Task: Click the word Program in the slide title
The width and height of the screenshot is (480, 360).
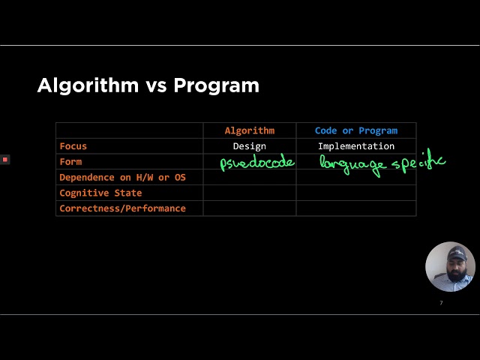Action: tap(216, 85)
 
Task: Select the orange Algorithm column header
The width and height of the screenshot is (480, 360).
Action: tap(250, 130)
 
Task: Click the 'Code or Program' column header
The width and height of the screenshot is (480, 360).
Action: tap(356, 130)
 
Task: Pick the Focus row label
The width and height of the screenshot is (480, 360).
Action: tap(73, 146)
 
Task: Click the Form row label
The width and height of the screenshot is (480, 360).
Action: tap(70, 161)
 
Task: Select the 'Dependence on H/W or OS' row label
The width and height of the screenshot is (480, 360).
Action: tap(122, 177)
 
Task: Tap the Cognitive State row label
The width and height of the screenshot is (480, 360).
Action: tap(100, 193)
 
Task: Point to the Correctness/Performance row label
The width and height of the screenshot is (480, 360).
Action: tap(122, 208)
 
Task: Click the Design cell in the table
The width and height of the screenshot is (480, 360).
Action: tap(250, 146)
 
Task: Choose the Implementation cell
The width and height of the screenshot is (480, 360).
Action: tap(356, 146)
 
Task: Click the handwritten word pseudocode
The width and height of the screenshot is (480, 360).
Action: tap(257, 162)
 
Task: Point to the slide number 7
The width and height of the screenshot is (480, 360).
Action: tap(441, 303)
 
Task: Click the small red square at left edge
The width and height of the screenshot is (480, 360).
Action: tap(4, 159)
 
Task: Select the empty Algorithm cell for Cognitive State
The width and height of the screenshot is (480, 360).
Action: tap(250, 193)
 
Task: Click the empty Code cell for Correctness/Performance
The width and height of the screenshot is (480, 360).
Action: tap(356, 208)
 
